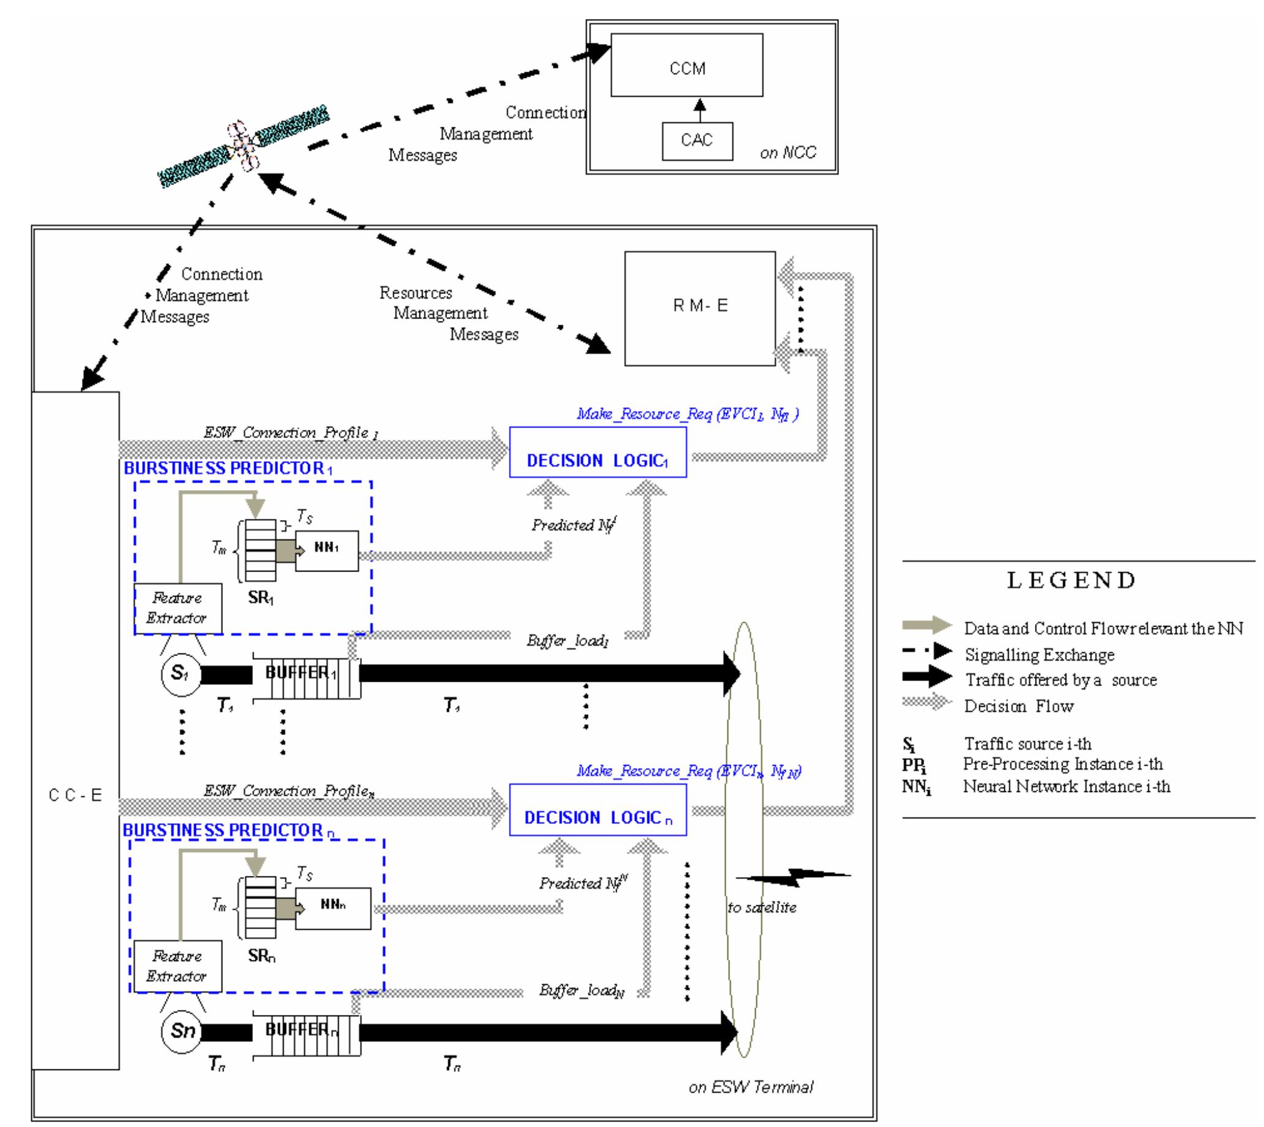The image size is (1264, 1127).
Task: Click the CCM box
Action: click(687, 65)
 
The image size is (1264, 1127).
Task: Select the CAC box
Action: click(697, 141)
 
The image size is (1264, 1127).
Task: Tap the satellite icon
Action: click(244, 146)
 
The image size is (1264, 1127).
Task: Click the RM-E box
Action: click(699, 307)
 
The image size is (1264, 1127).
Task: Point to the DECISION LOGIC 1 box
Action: click(597, 453)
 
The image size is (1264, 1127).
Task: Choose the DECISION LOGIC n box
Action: click(597, 810)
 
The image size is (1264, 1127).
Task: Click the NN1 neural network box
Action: click(326, 551)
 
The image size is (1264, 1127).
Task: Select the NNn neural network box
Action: click(333, 908)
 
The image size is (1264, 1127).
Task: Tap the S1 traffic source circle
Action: click(181, 673)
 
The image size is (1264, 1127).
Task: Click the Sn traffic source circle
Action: click(181, 1030)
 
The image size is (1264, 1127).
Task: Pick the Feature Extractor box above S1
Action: click(178, 609)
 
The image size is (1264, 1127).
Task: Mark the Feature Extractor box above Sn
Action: click(178, 967)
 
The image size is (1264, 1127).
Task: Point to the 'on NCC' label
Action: click(788, 153)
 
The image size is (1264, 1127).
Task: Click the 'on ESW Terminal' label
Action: click(751, 1087)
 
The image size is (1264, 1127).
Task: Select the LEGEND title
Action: click(1072, 580)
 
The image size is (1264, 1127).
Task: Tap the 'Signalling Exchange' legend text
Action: click(1039, 655)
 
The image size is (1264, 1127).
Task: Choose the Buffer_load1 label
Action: click(568, 641)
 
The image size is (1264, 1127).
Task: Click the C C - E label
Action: click(75, 795)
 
